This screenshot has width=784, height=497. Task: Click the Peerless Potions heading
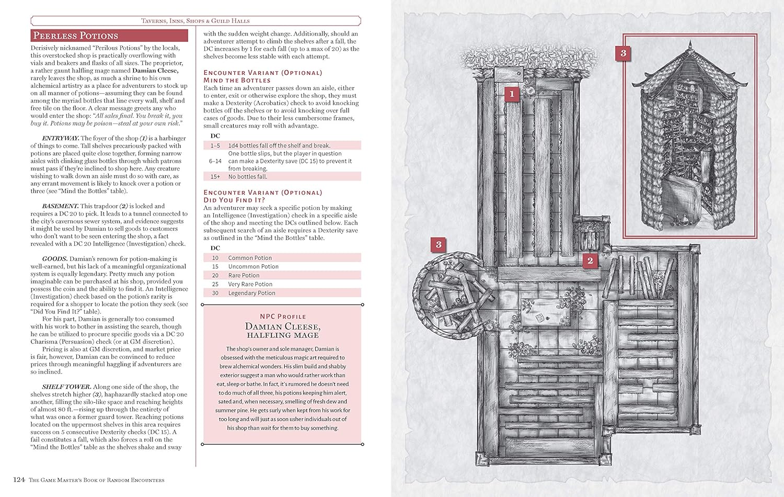click(x=76, y=36)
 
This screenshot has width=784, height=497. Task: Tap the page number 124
click(x=19, y=480)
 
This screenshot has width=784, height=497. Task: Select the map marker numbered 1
click(x=512, y=94)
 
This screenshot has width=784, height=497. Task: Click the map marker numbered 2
click(x=590, y=261)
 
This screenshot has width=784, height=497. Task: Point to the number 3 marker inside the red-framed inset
click(x=623, y=53)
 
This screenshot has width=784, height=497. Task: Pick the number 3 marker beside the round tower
click(x=439, y=244)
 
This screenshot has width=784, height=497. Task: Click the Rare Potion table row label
click(x=244, y=275)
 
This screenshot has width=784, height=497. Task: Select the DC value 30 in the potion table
click(x=215, y=293)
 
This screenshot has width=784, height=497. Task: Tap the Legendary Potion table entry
click(x=251, y=293)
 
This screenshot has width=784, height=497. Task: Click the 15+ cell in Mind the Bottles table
click(x=215, y=177)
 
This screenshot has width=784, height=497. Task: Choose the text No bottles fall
click(x=247, y=177)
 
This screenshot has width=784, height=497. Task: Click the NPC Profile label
click(x=283, y=317)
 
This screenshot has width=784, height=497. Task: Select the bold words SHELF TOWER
click(x=66, y=387)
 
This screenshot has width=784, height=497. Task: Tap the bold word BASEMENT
click(x=60, y=206)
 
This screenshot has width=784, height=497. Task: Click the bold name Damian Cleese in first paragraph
click(x=155, y=71)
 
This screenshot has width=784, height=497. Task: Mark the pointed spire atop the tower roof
click(x=690, y=44)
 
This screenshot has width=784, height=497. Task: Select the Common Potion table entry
click(x=250, y=258)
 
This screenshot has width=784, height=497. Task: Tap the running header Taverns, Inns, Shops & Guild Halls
click(x=195, y=20)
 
